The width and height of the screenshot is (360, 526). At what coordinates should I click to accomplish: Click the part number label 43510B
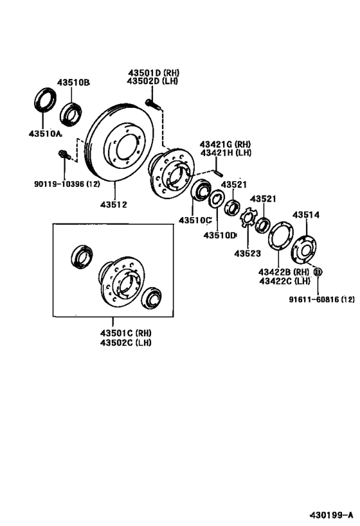point(73,82)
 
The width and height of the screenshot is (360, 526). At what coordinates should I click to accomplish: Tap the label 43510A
point(46,134)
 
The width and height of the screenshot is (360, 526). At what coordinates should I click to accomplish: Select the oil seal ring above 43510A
point(46,99)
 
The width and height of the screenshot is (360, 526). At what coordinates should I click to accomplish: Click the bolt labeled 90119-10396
point(64,155)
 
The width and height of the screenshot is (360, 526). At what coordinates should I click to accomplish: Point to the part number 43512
point(114,204)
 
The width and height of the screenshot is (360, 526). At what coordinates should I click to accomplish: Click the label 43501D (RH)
point(154,73)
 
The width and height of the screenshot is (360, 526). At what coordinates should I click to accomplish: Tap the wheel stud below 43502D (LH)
point(153,104)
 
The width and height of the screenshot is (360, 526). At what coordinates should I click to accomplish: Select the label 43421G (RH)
point(225,145)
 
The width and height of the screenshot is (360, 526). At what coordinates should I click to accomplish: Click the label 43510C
point(195,220)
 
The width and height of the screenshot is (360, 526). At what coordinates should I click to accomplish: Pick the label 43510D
point(220,236)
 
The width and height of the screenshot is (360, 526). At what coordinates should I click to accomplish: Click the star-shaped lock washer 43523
point(249,218)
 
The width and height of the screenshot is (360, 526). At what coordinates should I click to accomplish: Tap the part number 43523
point(248,253)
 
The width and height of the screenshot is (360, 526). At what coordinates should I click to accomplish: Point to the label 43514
point(306,215)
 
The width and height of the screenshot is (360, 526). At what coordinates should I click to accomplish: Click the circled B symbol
point(318,272)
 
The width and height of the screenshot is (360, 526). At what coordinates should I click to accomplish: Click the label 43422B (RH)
point(283,272)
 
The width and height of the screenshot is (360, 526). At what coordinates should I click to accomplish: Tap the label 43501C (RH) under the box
point(125,333)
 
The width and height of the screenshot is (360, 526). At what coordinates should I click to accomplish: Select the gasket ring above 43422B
point(281,236)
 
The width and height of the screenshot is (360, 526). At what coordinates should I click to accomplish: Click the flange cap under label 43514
point(304,250)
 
